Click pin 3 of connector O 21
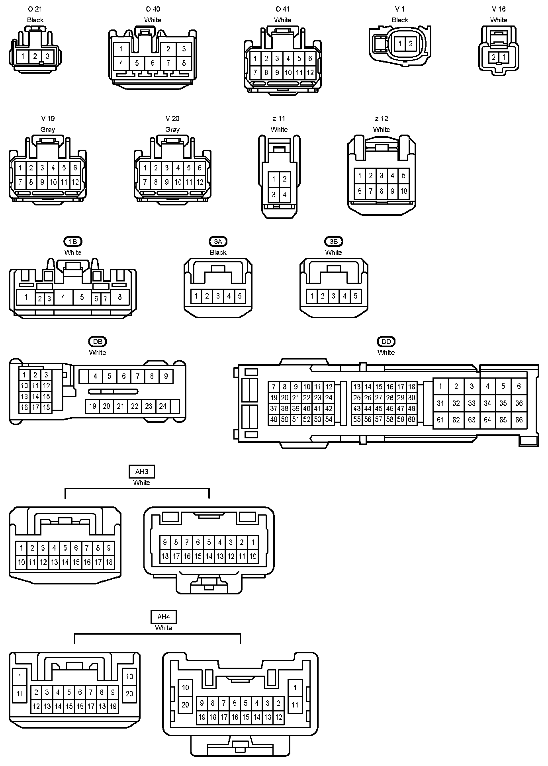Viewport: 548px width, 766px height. [47, 56]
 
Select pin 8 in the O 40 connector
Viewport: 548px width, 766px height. [184, 63]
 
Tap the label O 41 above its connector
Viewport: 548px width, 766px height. [282, 9]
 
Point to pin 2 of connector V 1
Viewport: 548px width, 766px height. [411, 43]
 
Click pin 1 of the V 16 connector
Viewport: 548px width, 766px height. [503, 57]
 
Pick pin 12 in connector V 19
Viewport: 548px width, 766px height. [75, 182]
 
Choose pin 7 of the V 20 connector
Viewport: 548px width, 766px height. [145, 182]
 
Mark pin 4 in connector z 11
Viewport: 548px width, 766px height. [284, 195]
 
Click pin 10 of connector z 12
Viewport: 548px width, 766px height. [403, 191]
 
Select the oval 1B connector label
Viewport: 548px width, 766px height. [73, 241]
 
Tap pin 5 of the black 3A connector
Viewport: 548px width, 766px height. [240, 296]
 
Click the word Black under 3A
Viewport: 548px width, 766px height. [218, 252]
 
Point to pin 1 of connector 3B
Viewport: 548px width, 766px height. [312, 296]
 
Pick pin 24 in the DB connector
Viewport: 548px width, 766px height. [162, 406]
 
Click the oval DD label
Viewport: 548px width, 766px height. [386, 341]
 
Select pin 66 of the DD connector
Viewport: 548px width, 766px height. [519, 420]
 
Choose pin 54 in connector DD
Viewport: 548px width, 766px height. [329, 419]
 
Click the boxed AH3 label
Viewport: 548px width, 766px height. [142, 472]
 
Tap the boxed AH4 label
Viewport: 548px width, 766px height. [164, 617]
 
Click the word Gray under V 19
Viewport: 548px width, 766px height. [48, 129]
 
